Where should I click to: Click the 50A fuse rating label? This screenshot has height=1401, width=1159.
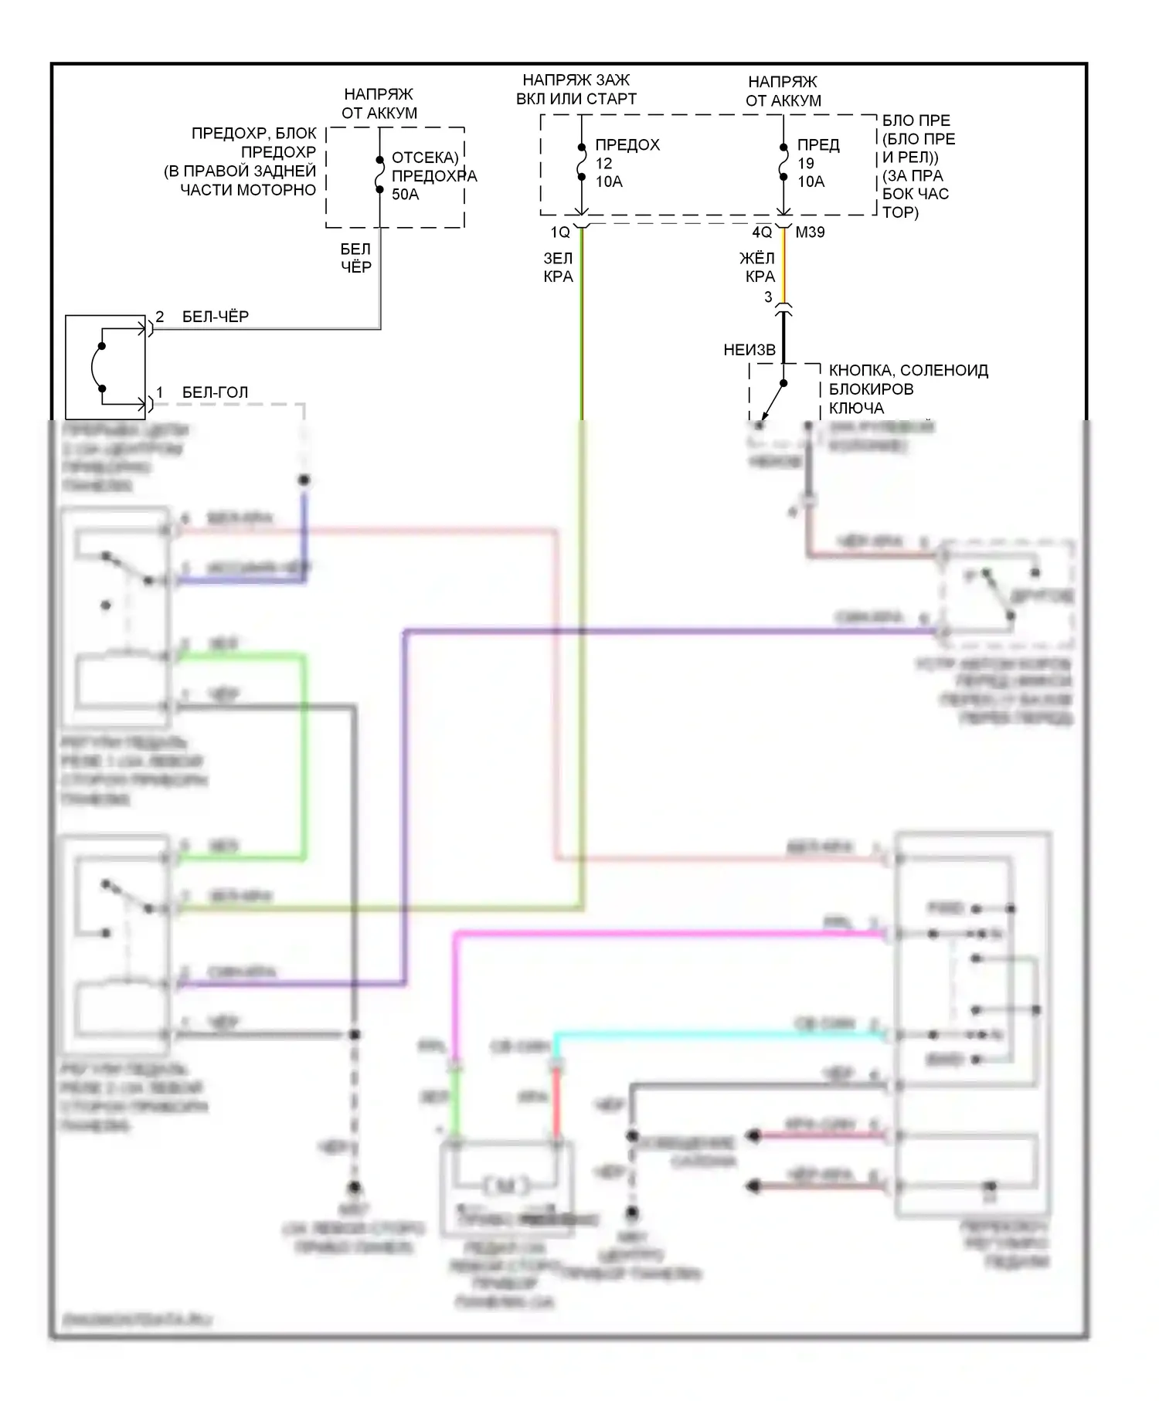(405, 195)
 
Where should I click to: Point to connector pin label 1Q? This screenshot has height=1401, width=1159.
(559, 232)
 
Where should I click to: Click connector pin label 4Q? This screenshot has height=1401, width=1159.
(761, 232)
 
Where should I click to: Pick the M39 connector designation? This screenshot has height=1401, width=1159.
(810, 232)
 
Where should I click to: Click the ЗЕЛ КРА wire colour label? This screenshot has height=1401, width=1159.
(558, 267)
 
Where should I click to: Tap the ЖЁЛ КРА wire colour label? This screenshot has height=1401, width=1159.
(758, 267)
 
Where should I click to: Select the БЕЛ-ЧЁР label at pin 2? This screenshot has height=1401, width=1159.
(215, 317)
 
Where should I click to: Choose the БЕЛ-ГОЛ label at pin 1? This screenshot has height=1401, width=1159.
(215, 392)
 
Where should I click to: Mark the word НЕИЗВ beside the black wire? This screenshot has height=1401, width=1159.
(749, 350)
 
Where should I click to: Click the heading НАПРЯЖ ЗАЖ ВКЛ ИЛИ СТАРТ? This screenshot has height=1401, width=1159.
(576, 90)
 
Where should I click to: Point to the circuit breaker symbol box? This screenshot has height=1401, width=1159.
(105, 366)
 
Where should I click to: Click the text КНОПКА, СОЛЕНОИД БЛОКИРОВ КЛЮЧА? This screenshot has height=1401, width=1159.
(908, 389)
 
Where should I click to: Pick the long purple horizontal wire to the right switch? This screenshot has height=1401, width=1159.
(664, 632)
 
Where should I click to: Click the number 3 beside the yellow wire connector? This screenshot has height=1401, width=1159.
(768, 297)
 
